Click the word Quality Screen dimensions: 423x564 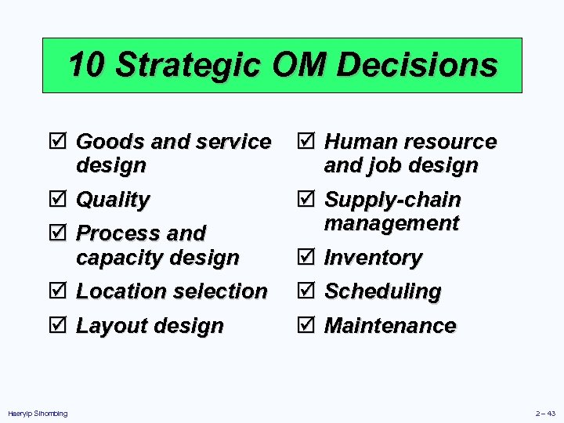[113, 200]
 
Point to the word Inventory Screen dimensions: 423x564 [374, 258]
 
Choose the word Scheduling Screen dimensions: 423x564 [383, 291]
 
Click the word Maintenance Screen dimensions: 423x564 [390, 326]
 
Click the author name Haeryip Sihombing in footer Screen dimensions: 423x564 [38, 413]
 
